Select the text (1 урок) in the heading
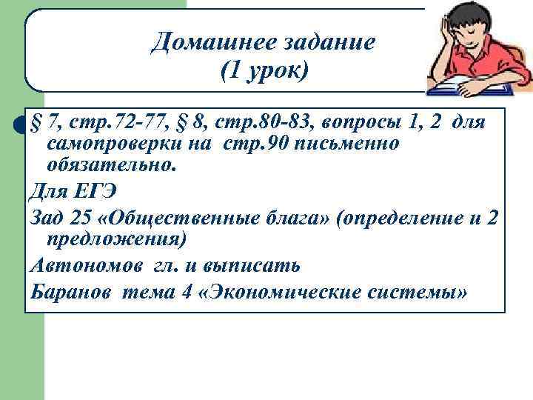(x=264, y=72)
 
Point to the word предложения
(x=117, y=239)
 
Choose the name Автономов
(x=81, y=264)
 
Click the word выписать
(x=262, y=264)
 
